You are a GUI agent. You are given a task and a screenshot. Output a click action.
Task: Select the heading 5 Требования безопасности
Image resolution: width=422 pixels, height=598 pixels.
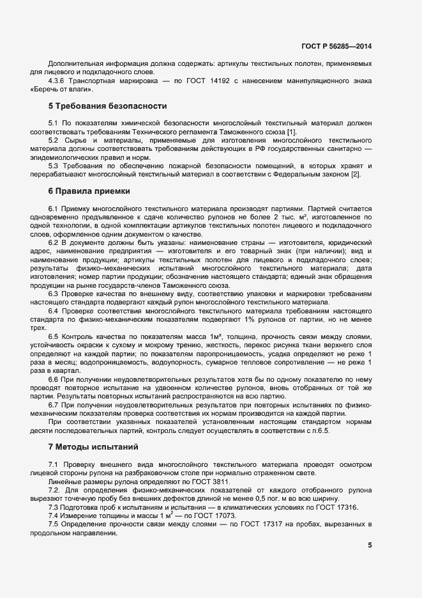point(107,106)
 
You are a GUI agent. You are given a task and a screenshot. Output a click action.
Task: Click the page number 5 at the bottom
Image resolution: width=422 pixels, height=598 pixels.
point(370,545)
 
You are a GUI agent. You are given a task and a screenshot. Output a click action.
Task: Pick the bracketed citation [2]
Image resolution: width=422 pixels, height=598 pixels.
point(355,174)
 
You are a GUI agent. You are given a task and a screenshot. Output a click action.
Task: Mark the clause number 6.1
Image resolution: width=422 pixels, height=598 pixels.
point(54,209)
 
